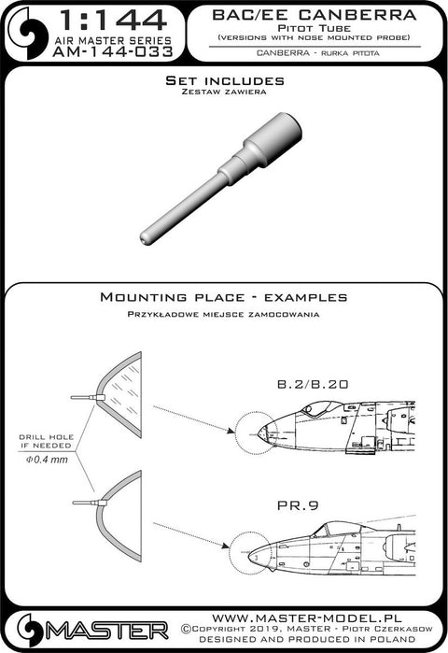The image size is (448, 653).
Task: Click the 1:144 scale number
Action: click(113, 21)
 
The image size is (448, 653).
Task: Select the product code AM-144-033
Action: click(113, 51)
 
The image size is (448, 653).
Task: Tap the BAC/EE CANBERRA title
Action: click(314, 15)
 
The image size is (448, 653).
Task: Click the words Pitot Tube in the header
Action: click(315, 28)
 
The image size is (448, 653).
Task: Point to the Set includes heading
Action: click(225, 80)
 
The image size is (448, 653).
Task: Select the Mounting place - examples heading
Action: click(224, 297)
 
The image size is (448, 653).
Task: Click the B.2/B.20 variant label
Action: click(313, 384)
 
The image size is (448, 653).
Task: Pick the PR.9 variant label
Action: click(298, 505)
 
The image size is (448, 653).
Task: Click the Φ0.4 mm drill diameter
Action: click(47, 460)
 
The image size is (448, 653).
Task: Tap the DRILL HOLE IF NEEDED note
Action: click(47, 441)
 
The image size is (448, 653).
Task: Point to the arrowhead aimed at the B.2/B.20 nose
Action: click(230, 431)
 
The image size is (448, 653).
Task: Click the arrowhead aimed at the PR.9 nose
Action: click(225, 546)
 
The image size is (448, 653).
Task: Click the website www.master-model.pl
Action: click(307, 618)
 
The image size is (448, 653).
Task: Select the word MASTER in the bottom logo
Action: click(107, 631)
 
